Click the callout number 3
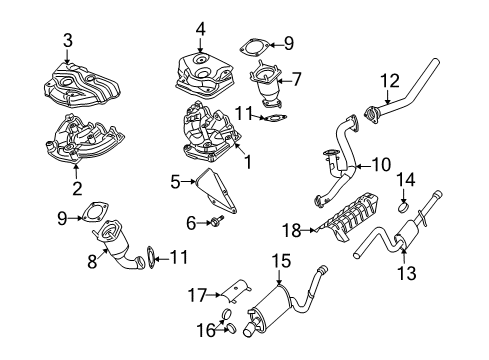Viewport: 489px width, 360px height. tap(68, 41)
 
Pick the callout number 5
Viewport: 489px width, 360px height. tap(175, 182)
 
